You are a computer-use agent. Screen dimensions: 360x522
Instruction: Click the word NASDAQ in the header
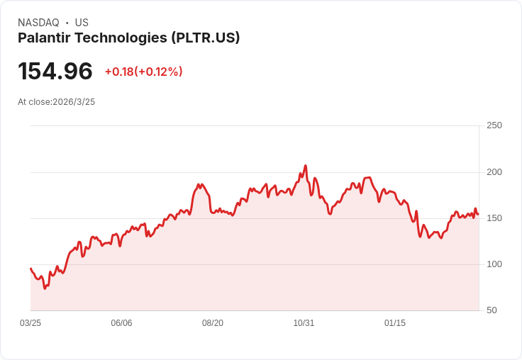tap(38, 23)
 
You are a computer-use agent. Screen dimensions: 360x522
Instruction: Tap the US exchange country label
tap(82, 23)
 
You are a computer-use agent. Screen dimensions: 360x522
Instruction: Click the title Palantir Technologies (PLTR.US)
tap(129, 38)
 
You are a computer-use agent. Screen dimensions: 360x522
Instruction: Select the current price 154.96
tap(55, 72)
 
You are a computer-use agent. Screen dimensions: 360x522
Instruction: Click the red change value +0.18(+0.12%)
tap(143, 72)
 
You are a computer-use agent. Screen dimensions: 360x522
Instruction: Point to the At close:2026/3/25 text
tap(56, 102)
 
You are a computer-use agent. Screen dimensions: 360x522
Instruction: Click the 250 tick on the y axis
tap(494, 125)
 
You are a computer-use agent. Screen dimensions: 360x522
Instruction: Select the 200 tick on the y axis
tap(494, 172)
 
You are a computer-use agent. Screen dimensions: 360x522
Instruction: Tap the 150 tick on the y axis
tap(494, 218)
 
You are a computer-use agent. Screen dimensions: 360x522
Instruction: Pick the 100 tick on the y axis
tap(494, 264)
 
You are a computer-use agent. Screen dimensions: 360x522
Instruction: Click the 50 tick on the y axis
tap(491, 310)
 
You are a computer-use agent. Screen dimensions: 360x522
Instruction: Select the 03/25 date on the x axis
tap(30, 323)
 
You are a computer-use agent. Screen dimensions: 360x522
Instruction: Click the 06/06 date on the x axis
tap(121, 323)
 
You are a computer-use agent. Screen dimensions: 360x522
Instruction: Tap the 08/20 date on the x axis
tap(213, 323)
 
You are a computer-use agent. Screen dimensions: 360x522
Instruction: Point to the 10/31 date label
tap(304, 323)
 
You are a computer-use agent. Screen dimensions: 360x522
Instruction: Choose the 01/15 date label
tap(395, 323)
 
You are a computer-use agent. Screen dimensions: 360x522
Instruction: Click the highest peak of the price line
tap(306, 166)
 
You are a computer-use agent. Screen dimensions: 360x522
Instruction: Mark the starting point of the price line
tap(30, 269)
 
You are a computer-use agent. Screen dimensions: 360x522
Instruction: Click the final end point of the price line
tap(478, 214)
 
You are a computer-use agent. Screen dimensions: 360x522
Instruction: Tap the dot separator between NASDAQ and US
tap(67, 23)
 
